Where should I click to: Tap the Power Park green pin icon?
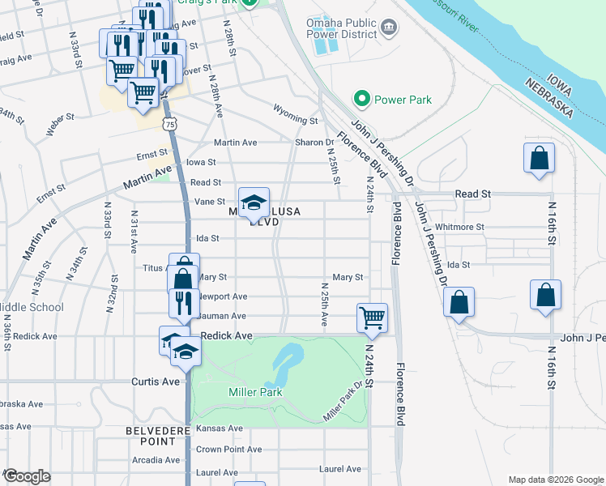pos(361,100)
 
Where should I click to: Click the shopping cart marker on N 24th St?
pos(372,317)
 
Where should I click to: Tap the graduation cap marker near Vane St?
pos(254,202)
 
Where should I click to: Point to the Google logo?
pos(28,476)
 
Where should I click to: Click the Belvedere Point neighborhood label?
pos(151,436)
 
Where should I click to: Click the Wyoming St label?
pos(295,120)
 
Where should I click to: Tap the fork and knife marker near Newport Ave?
pos(185,301)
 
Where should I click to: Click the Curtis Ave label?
pos(156,382)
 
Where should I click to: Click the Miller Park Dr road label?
pos(342,403)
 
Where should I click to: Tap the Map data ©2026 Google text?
pos(555,480)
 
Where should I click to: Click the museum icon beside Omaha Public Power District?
pos(389,29)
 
